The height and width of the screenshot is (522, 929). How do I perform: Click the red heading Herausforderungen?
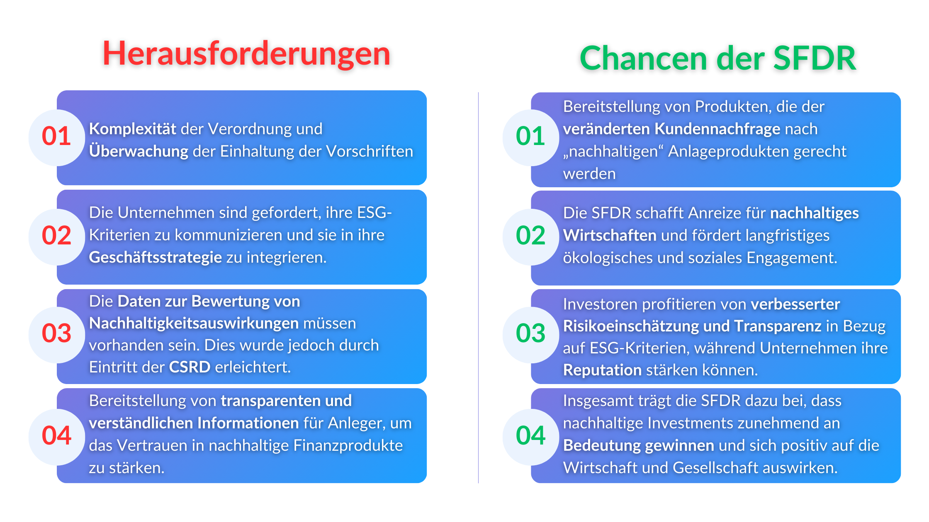tap(246, 54)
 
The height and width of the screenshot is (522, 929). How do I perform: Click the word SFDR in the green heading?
tap(815, 58)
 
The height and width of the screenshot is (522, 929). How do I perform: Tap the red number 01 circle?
tap(57, 137)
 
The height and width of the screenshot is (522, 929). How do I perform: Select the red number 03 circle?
tap(57, 333)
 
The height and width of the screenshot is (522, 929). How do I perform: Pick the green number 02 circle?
tap(531, 236)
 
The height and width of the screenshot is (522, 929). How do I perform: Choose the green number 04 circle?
tap(531, 436)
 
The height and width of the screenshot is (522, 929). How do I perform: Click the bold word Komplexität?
tap(133, 129)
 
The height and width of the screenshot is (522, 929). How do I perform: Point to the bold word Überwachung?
tap(139, 151)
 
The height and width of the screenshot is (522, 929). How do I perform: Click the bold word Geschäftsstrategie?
tap(156, 257)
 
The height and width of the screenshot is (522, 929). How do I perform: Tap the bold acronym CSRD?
tap(190, 367)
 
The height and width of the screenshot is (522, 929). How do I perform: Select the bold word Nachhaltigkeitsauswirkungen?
tap(194, 323)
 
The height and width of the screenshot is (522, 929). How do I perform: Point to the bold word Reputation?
tap(602, 370)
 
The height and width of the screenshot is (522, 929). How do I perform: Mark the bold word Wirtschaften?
tap(610, 235)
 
